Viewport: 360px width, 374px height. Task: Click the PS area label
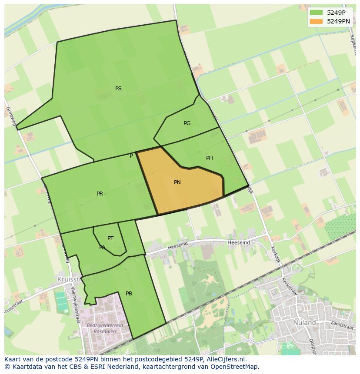[118, 89]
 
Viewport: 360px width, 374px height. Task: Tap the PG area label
[187, 123]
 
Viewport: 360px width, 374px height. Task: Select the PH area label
[210, 158]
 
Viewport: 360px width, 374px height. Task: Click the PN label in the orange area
[177, 182]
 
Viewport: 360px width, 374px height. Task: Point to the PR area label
[100, 194]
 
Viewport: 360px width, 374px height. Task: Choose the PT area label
[110, 238]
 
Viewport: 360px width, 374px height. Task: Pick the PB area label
[129, 294]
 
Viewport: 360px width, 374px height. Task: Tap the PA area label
[102, 248]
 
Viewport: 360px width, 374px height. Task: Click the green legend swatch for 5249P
[316, 13]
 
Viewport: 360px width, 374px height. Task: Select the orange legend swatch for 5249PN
[316, 21]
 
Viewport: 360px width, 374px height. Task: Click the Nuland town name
[304, 323]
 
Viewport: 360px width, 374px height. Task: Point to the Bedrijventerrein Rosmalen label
[105, 328]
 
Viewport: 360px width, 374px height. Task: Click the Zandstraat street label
[342, 324]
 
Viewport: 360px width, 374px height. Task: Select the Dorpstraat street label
[311, 345]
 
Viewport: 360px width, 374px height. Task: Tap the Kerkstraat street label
[289, 286]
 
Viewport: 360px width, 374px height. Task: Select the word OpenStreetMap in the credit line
[235, 367]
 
